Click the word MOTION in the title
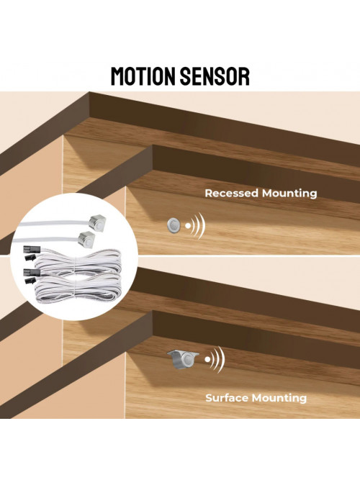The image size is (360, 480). point(143,76)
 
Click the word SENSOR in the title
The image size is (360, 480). point(215,76)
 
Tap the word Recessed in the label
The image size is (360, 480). point(231,193)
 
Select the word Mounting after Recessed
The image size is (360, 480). point(289,194)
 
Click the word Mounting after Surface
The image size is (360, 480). point(279,398)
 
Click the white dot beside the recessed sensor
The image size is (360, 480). point(188,226)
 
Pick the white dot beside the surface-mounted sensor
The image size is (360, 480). point(208,359)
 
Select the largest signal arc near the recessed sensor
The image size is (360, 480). point(202,226)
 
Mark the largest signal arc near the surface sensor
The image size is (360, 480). point(222,359)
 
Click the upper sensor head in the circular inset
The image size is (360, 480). point(97,221)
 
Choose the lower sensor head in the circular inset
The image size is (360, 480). point(87,238)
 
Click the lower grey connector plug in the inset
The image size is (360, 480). point(30,272)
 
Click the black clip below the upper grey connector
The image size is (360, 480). point(30,257)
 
